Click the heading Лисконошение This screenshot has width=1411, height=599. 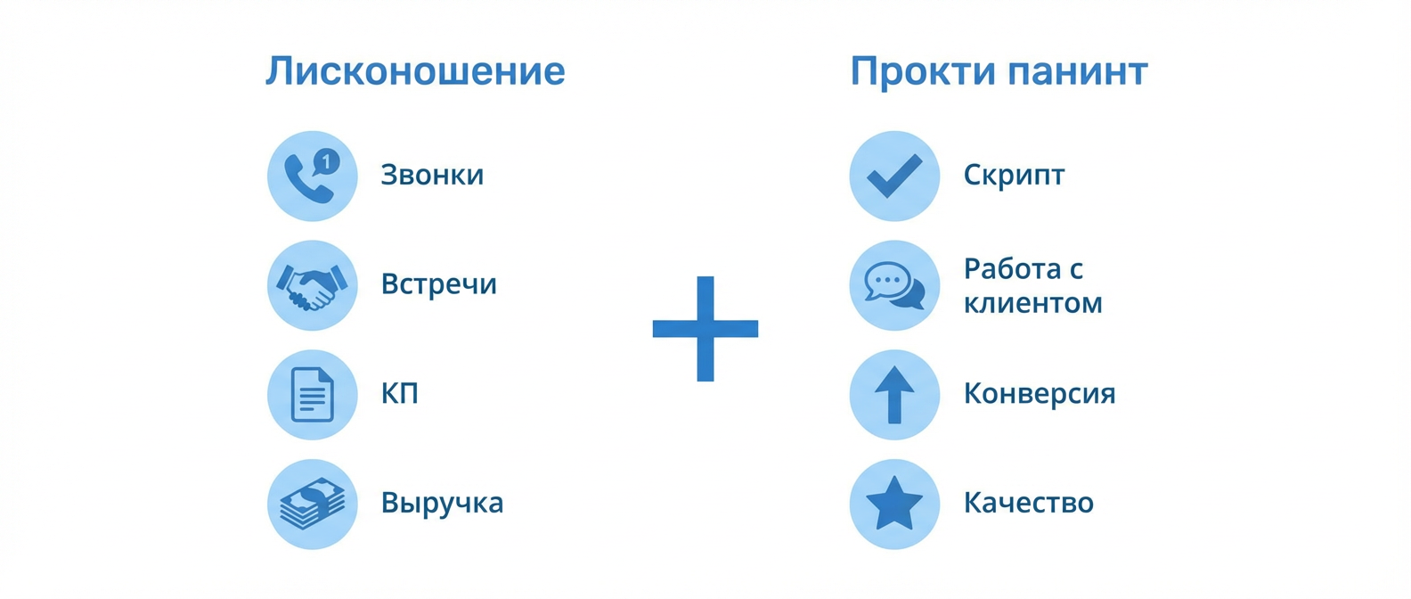[x=415, y=71]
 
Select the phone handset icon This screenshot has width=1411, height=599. [x=306, y=180]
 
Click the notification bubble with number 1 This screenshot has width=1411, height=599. [x=327, y=161]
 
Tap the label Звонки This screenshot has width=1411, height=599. [x=432, y=175]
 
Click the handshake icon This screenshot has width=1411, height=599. [x=312, y=286]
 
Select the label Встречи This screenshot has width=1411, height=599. [x=438, y=284]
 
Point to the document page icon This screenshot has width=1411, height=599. [x=312, y=395]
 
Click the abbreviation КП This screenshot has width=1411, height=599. [x=399, y=394]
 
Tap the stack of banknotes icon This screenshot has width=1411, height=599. [x=312, y=505]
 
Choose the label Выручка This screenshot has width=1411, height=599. [x=442, y=504]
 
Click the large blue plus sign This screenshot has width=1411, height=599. [x=705, y=329]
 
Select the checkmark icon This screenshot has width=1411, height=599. [x=894, y=176]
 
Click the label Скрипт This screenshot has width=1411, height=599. [x=1014, y=176]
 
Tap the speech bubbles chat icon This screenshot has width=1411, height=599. [x=894, y=286]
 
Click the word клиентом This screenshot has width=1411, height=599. [x=1032, y=303]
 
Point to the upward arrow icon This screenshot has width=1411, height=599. [x=894, y=395]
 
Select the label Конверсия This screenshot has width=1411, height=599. [x=1040, y=394]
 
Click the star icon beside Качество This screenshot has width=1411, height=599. [x=894, y=504]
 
